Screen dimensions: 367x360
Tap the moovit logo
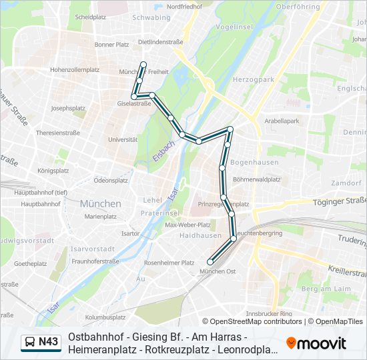[317, 343]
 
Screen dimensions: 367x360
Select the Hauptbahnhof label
[27, 203]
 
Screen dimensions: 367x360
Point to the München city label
[101, 203]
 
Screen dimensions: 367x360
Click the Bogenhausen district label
[248, 162]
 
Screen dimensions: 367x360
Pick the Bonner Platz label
[111, 45]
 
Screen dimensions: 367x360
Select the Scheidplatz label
[92, 17]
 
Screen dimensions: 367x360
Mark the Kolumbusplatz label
[101, 317]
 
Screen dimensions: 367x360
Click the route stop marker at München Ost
[211, 261]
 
